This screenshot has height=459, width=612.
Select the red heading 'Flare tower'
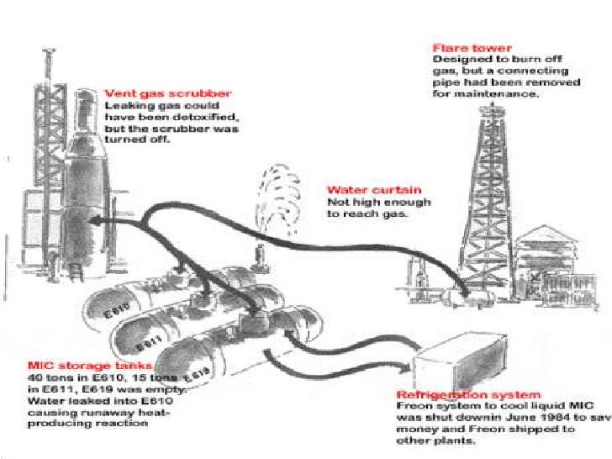pos(462,50)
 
